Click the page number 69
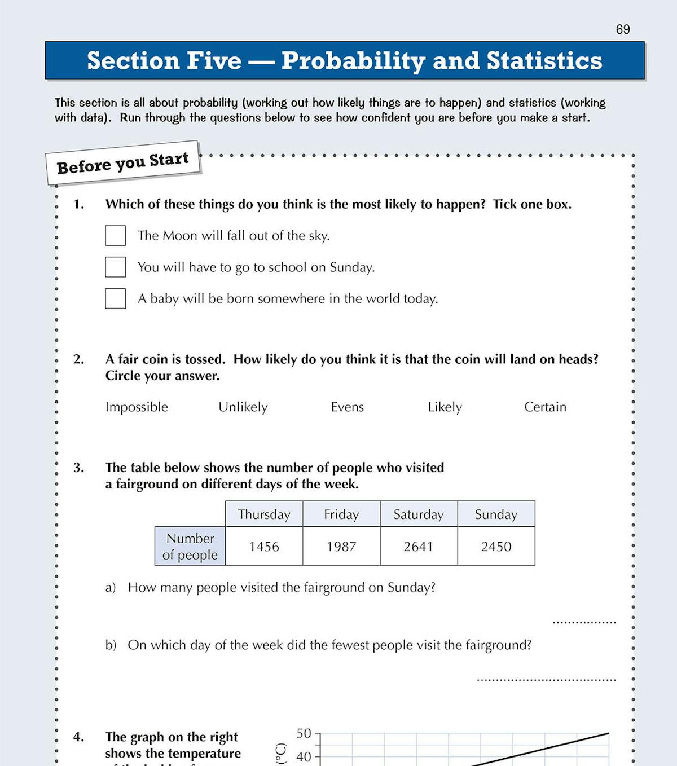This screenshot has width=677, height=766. tap(623, 29)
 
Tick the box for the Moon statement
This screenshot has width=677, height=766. tap(116, 236)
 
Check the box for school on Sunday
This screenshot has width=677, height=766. tap(116, 267)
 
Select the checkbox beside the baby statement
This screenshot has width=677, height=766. tap(116, 298)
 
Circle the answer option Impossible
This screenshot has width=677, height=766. tap(137, 407)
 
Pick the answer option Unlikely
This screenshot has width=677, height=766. tap(243, 407)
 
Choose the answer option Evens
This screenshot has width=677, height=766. tap(347, 407)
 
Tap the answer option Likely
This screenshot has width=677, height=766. tap(445, 407)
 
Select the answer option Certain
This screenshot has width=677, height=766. tap(545, 407)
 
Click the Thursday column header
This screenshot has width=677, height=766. tap(264, 514)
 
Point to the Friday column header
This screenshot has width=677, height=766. tap(341, 514)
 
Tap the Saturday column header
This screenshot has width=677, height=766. tap(419, 514)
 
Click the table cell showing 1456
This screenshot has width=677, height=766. tap(264, 547)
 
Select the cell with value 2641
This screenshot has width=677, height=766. tap(419, 547)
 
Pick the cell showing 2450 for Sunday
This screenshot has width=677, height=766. tap(496, 547)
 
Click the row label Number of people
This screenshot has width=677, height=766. tap(190, 547)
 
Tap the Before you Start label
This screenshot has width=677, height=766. tap(123, 163)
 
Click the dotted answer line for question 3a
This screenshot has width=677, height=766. tap(584, 622)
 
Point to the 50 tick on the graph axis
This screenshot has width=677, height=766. tap(304, 733)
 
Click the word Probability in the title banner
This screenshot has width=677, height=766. tap(353, 61)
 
